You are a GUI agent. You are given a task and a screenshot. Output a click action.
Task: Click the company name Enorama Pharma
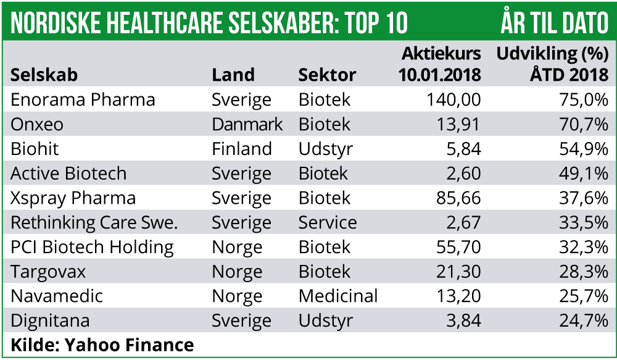point(83,100)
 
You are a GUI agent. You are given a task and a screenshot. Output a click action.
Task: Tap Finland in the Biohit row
point(242,149)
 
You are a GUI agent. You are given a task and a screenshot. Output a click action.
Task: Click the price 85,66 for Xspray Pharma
point(455,199)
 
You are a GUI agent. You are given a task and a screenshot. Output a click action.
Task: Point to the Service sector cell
point(328,223)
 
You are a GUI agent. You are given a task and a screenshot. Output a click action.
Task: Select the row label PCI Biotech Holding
point(92,248)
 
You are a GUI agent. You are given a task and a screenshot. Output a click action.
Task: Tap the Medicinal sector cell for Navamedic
point(338,296)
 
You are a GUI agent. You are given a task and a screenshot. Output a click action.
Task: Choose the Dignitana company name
point(50,321)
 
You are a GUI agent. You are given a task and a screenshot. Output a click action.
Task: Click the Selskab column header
point(44,75)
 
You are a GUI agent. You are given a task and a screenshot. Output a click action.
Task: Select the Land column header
point(233,75)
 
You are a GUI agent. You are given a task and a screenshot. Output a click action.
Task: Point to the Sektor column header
point(327,75)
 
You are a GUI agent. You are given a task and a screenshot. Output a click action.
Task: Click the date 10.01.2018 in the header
point(439,75)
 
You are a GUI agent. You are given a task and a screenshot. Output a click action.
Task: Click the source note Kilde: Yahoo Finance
point(102,345)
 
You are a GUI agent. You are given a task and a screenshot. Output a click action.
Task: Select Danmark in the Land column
point(247,125)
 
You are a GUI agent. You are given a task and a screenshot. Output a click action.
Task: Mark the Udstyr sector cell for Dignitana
point(326,321)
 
